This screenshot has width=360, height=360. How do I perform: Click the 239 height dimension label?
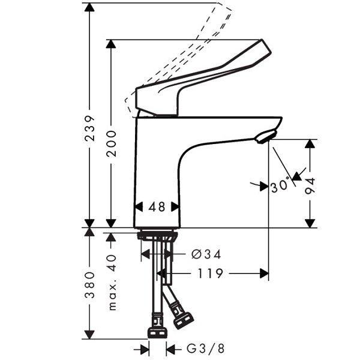[x=90, y=128]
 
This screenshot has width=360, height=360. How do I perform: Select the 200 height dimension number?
[x=112, y=144]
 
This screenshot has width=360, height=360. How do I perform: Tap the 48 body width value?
[x=157, y=207]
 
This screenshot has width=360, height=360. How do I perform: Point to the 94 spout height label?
[x=310, y=186]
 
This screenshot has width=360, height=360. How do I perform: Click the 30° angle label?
[x=280, y=185]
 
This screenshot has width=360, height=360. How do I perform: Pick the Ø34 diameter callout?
[x=206, y=254]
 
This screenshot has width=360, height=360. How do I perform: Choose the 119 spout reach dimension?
[x=210, y=273]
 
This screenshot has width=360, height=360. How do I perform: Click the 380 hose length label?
[x=90, y=285]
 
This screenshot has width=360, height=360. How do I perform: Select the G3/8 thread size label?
[x=205, y=349]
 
